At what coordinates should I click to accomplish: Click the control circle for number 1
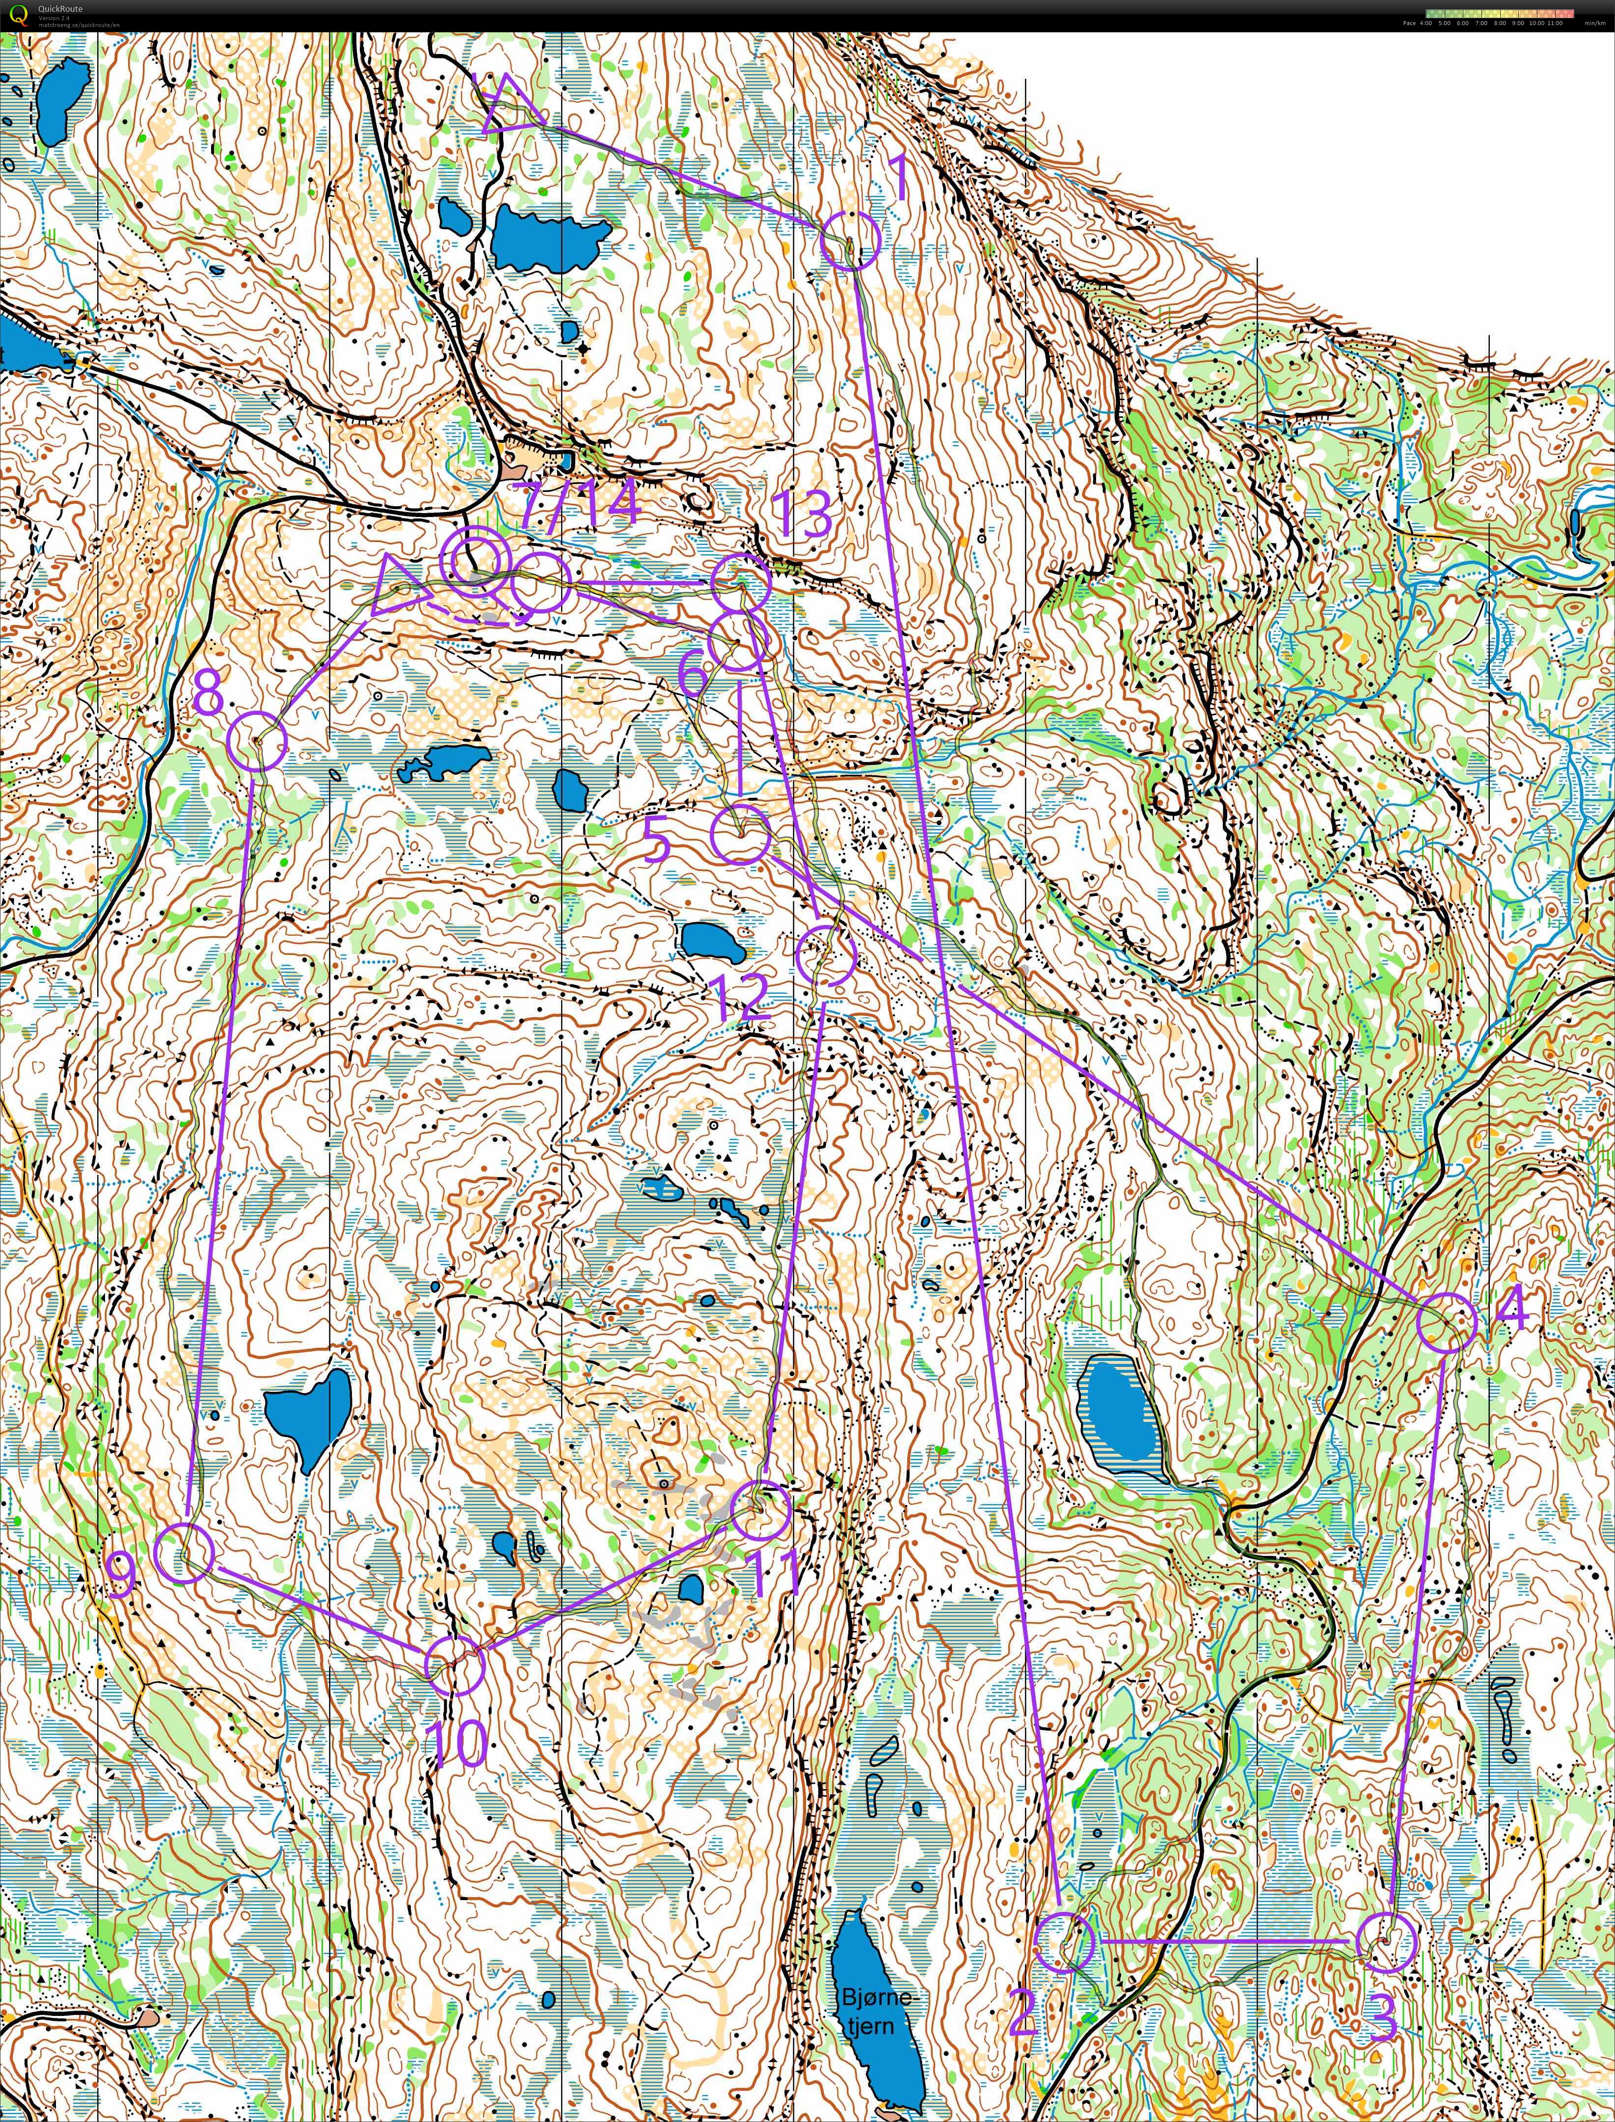pos(850,241)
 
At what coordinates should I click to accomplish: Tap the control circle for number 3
pos(1387,1888)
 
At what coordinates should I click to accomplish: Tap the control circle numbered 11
pos(761,1511)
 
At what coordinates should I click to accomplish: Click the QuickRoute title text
pos(59,9)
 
